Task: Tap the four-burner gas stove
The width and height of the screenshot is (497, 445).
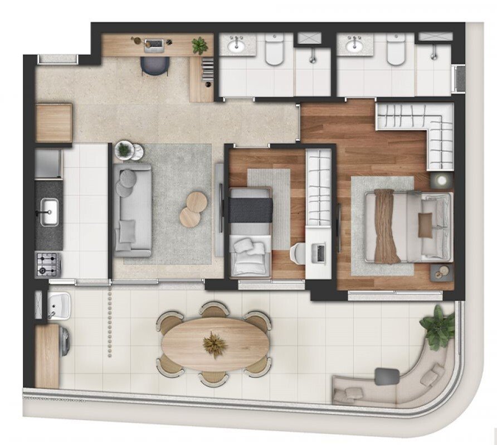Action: pos(48,264)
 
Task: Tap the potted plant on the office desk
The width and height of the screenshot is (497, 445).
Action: pos(199,45)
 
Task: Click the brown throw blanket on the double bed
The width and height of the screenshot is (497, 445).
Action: pos(386,225)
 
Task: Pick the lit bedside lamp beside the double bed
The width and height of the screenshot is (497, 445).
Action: pos(442,180)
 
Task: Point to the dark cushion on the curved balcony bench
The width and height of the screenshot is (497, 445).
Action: pos(387,376)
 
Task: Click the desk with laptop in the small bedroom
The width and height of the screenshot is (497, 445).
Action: pos(318,254)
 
